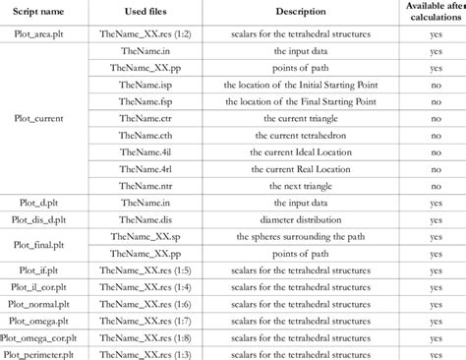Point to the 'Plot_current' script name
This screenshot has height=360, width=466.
40,118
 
